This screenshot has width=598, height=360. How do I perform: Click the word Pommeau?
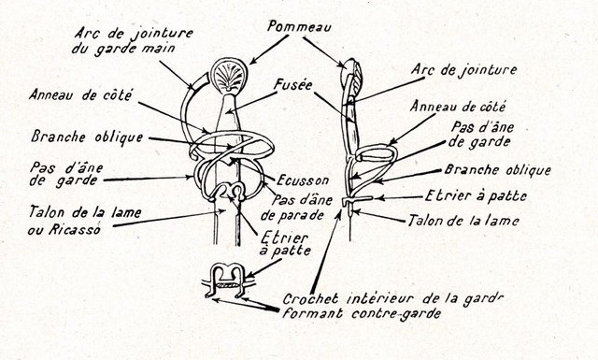[299, 27]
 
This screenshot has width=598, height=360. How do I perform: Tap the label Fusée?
[293, 85]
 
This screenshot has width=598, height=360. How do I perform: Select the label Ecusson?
[303, 180]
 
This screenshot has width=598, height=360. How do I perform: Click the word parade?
[302, 216]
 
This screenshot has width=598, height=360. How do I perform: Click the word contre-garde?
[396, 313]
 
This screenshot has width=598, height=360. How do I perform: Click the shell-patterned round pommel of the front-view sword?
[229, 76]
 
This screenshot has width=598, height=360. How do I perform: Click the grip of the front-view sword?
[228, 120]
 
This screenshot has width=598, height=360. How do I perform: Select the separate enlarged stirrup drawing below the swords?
[228, 281]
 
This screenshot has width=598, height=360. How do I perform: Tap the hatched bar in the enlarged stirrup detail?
[228, 285]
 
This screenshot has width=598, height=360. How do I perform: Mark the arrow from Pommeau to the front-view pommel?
[269, 50]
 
